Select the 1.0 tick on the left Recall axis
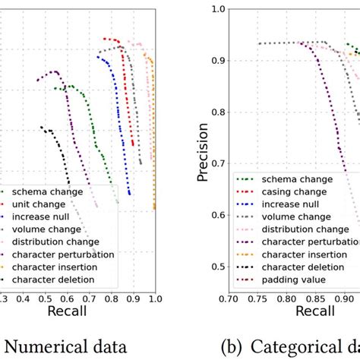155,299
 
